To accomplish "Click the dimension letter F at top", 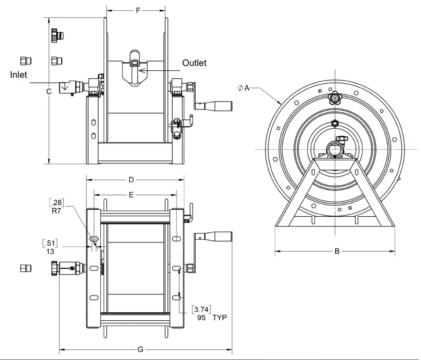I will click(x=137, y=11).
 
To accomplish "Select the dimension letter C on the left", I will click(x=48, y=91).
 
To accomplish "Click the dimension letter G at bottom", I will click(x=140, y=350).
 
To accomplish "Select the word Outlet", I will click(x=194, y=63).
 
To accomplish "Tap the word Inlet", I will click(x=18, y=75).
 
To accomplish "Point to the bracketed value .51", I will click(x=53, y=243).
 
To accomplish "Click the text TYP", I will click(x=220, y=317).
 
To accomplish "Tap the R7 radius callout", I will click(x=54, y=211).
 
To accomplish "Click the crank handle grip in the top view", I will click(x=218, y=106).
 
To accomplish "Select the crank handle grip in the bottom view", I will click(x=215, y=237).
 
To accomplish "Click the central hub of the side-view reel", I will click(x=335, y=148).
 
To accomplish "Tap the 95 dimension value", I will click(x=202, y=317).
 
